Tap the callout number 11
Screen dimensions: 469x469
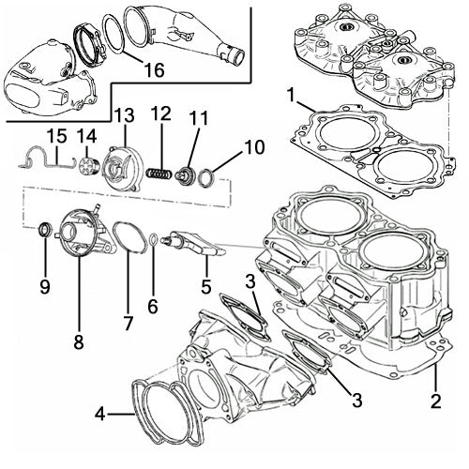tap(197, 120)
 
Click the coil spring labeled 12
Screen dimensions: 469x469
tap(162, 174)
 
